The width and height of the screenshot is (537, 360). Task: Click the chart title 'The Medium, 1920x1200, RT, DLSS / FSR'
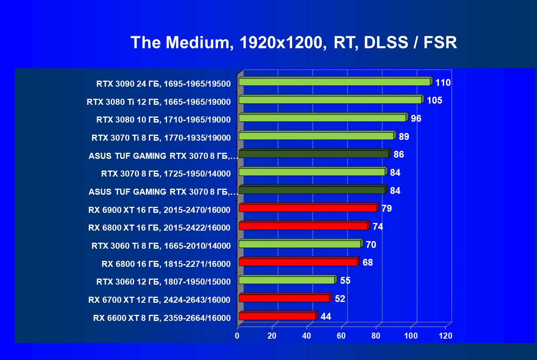coord(294,42)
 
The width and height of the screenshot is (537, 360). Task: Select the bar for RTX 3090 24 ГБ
coord(335,82)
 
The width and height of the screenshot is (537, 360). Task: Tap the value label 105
coord(434,100)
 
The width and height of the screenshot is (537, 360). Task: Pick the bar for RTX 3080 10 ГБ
coord(322,118)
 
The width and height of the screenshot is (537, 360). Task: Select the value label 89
coord(404,137)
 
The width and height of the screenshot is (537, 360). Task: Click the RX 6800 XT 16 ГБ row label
coord(159,228)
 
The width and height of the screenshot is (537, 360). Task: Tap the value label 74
coord(377,227)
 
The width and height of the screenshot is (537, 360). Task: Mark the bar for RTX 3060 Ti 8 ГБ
coord(300,244)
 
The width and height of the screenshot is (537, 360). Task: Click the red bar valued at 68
coord(298,262)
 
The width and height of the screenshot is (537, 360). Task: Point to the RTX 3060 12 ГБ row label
coord(164,282)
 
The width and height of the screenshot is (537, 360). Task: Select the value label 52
coord(340,299)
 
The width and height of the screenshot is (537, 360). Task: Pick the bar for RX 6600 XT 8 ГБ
coord(277,316)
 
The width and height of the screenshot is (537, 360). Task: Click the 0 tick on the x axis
coord(237,336)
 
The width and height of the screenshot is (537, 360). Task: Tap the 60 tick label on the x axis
coord(342,336)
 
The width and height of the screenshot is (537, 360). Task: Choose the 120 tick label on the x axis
coord(446,336)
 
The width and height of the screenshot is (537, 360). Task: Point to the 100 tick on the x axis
coord(411,336)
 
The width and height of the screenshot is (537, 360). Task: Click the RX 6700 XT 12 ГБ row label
coord(159,300)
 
